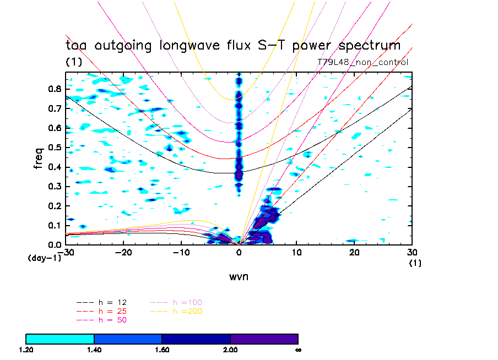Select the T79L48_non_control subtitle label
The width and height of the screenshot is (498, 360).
[x=363, y=62]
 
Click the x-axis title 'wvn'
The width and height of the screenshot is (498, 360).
[x=239, y=277]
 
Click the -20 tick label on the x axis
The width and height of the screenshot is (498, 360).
[x=123, y=252]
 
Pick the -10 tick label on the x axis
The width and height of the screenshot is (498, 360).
[x=181, y=252]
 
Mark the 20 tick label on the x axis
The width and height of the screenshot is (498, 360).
[x=354, y=252]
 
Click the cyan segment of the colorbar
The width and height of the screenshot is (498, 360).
[x=60, y=339]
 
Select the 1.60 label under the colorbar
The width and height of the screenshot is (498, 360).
[x=162, y=350]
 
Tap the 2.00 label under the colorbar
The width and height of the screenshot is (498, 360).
[x=230, y=350]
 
